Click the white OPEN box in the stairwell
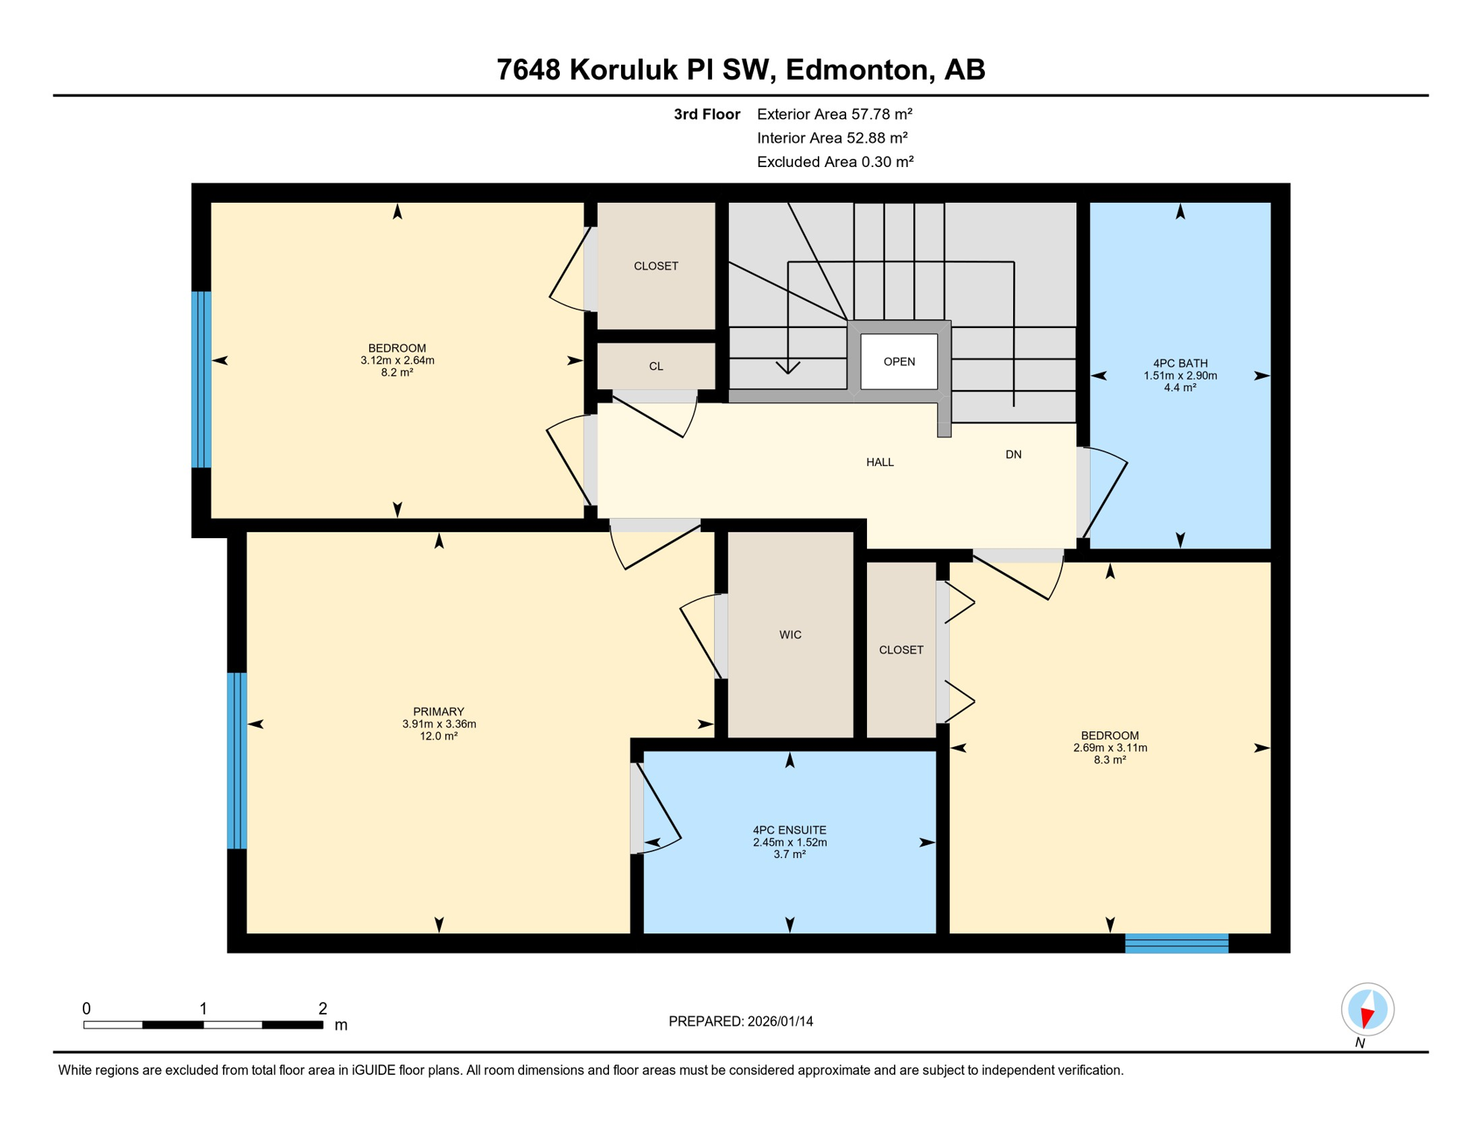(899, 362)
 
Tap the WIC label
(790, 635)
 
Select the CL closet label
(656, 366)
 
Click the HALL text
(880, 462)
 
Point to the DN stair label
(1013, 455)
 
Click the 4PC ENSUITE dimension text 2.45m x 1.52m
(789, 842)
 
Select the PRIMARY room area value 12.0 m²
(438, 736)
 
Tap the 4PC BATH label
(1180, 363)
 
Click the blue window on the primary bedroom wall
(236, 760)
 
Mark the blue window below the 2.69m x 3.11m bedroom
(1176, 943)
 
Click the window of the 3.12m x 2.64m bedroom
(201, 379)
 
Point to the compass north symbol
(1367, 1010)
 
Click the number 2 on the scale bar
(322, 1009)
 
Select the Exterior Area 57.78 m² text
(834, 114)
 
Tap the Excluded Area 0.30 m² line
(835, 162)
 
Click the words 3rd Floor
(707, 114)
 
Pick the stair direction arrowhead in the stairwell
(788, 368)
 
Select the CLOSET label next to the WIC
(901, 650)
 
